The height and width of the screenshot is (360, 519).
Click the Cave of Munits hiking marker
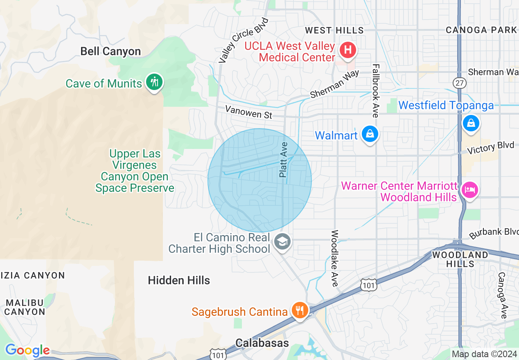pyautogui.click(x=154, y=82)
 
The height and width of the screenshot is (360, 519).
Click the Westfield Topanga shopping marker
pyautogui.click(x=471, y=123)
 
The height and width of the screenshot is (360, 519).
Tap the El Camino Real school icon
pyautogui.click(x=282, y=242)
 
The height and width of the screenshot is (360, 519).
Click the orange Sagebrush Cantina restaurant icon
pyautogui.click(x=300, y=310)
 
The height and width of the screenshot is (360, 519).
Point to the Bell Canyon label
pyautogui.click(x=111, y=52)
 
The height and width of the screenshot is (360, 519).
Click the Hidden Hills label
pyautogui.click(x=179, y=281)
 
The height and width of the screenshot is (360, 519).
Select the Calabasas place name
pyautogui.click(x=262, y=343)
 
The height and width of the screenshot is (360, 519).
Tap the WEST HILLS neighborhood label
pyautogui.click(x=334, y=30)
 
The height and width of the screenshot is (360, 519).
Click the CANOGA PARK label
pyautogui.click(x=481, y=30)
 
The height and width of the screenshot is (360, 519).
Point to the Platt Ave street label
pyautogui.click(x=283, y=160)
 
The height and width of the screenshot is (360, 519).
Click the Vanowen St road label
pyautogui.click(x=248, y=112)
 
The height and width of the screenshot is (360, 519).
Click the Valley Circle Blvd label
pyautogui.click(x=243, y=40)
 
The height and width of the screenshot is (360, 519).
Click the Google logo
pyautogui.click(x=27, y=351)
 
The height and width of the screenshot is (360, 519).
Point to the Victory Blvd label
pyautogui.click(x=490, y=148)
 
